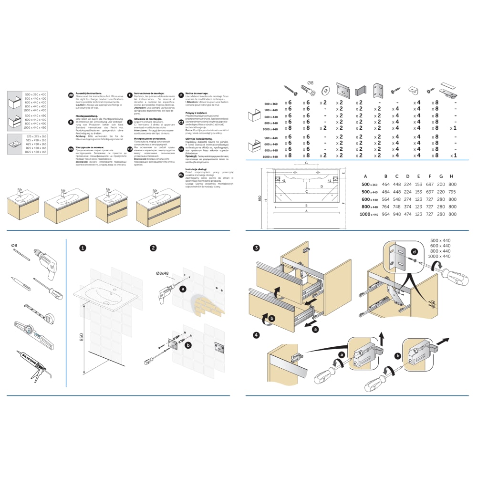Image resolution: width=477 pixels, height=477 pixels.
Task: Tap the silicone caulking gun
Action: [35, 364]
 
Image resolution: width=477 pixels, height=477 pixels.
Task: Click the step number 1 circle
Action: [83, 248]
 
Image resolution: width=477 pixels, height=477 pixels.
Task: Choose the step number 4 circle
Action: [257, 334]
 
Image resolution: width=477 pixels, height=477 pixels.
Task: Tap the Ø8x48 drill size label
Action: [163, 273]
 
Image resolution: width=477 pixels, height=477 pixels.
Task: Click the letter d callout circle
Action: [415, 251]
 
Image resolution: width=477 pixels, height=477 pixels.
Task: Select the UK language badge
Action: [71, 95]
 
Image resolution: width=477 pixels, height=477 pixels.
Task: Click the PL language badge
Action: [181, 175]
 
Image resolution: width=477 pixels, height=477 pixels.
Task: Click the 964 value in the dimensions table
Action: [385, 214]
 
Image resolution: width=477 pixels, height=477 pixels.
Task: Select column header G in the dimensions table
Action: [441, 176]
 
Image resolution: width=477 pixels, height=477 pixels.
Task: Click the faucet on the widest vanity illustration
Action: [154, 194]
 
